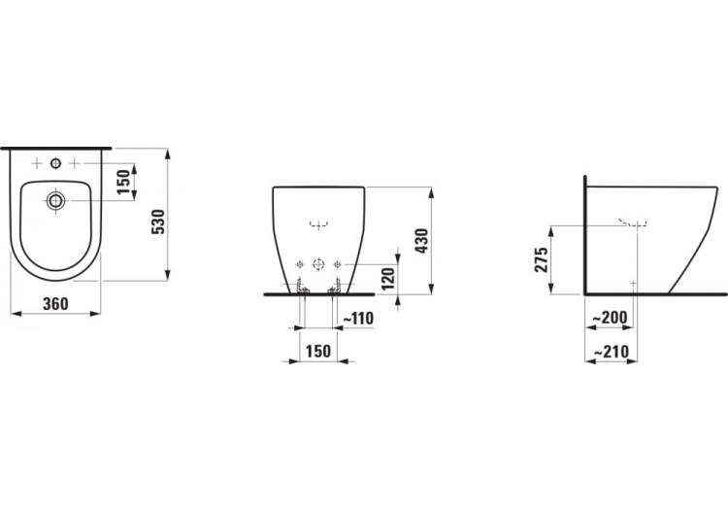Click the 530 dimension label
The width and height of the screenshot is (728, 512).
(x=159, y=222)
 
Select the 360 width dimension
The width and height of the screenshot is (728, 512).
(x=55, y=304)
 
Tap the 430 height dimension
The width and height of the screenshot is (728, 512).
(x=421, y=241)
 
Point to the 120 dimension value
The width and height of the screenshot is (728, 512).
(x=387, y=278)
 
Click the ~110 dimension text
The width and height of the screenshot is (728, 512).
(x=358, y=319)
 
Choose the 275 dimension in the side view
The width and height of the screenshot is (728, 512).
(x=542, y=259)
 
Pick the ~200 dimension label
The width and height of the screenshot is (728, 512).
(x=611, y=318)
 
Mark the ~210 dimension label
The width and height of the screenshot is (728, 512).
(x=612, y=352)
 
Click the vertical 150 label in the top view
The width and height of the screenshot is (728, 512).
(x=123, y=182)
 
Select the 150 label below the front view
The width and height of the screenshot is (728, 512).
(x=318, y=351)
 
